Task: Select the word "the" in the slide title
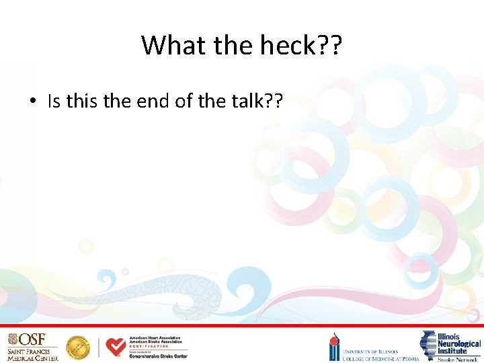[231, 45]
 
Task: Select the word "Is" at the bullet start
[54, 102]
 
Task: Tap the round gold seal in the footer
[78, 347]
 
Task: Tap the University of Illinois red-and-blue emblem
[334, 348]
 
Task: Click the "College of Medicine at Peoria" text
[380, 358]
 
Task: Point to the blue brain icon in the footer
[429, 346]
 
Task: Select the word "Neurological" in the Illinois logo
[460, 344]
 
